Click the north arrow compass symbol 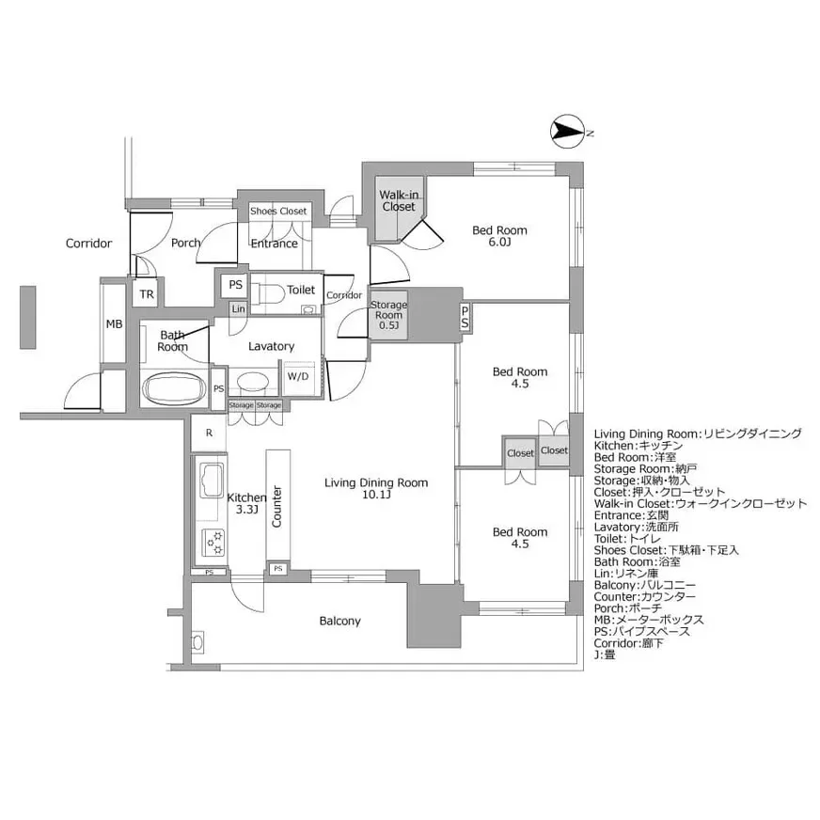pos(567,133)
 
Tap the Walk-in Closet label pos(398,200)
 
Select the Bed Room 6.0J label pos(498,236)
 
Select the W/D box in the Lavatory pos(298,376)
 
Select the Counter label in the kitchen pos(277,507)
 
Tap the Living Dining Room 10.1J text pos(375,489)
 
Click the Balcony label pos(339,621)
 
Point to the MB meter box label pos(114,324)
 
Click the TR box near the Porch pos(146,294)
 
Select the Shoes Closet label pos(278,212)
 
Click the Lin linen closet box pos(238,309)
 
